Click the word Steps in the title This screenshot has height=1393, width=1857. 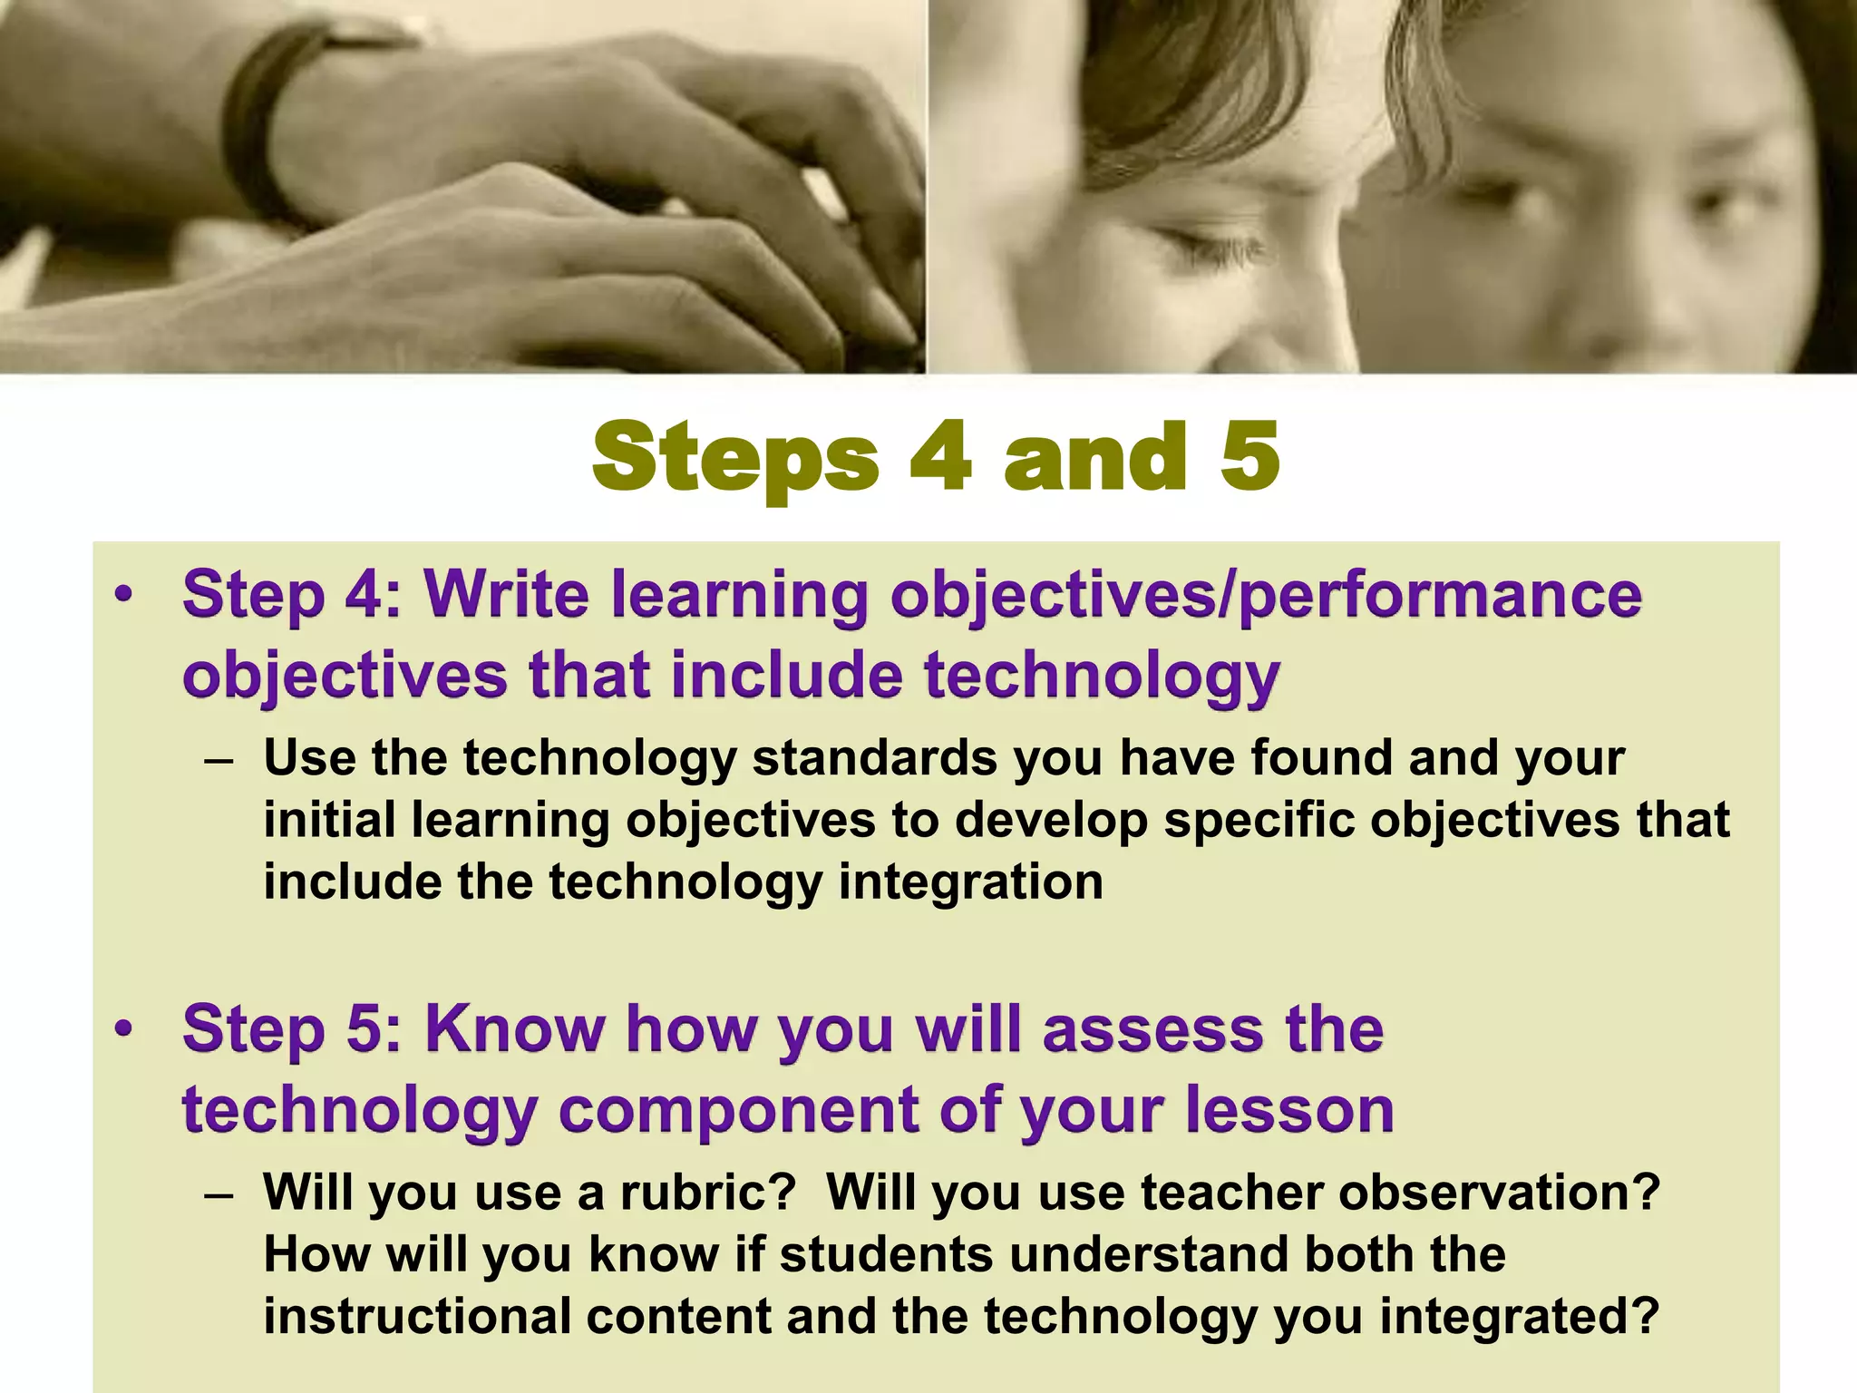[x=734, y=459]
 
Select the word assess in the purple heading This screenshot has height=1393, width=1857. [x=1152, y=1030]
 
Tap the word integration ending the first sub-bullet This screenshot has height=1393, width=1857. [x=970, y=882]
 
